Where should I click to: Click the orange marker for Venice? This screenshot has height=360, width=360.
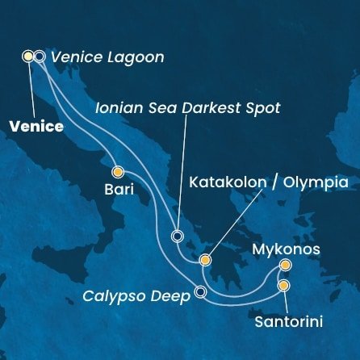28,57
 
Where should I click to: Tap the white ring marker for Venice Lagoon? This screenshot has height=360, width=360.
39,57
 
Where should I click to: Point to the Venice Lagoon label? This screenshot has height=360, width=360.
107,57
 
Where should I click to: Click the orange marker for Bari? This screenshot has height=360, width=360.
118,171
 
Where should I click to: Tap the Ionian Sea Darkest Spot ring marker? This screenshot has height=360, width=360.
178,237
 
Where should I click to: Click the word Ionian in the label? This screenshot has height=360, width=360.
117,107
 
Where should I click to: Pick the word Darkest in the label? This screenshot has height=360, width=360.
212,107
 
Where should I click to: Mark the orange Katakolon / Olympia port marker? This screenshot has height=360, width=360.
205,261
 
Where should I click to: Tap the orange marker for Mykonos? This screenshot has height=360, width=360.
285,265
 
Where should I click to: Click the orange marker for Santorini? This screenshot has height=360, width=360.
284,285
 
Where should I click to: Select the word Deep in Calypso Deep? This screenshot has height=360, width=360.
168,296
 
